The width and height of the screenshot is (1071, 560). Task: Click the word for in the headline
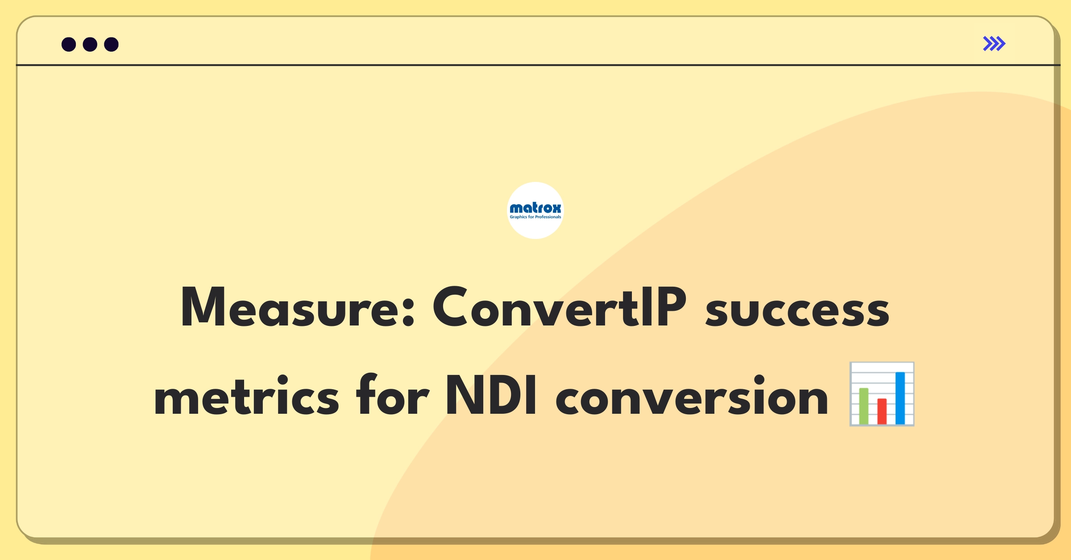coord(392,394)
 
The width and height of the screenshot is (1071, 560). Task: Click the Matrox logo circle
coord(535,210)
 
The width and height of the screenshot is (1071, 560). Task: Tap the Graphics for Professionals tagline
coord(535,217)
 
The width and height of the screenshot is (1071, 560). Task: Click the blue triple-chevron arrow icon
coord(994,44)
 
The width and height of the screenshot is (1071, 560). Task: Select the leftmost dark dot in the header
coord(69,45)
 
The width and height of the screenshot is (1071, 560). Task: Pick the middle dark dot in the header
coord(90,45)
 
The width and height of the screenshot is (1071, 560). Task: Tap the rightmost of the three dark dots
coord(112,45)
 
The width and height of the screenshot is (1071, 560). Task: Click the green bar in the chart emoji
coord(864,406)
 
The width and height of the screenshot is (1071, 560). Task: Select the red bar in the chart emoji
coord(882,412)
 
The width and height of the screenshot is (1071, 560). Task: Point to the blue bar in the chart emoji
coord(900,398)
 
